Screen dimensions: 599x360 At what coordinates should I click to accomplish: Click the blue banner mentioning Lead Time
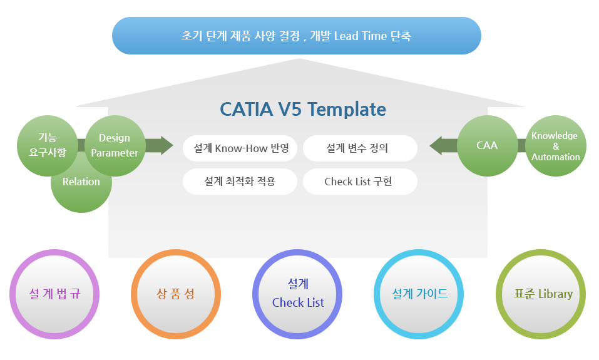(x=297, y=36)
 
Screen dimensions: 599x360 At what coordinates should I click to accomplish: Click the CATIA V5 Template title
(x=303, y=110)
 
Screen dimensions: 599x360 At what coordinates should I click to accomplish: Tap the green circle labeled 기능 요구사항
(x=48, y=146)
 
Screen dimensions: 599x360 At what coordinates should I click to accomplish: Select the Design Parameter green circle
(x=115, y=146)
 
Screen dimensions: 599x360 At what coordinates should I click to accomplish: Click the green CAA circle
(x=488, y=146)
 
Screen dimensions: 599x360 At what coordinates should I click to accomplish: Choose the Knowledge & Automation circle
(x=556, y=146)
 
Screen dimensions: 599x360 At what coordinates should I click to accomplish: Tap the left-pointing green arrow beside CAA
(x=444, y=146)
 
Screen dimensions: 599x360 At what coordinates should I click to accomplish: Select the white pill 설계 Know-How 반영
(x=240, y=148)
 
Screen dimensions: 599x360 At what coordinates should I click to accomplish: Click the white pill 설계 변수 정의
(x=360, y=148)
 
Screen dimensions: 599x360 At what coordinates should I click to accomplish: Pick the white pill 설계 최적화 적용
(x=240, y=182)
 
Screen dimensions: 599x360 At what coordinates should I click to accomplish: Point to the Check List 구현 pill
(x=360, y=182)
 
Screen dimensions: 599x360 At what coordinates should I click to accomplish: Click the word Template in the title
(x=347, y=110)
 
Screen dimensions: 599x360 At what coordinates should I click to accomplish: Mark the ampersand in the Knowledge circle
(x=556, y=147)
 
